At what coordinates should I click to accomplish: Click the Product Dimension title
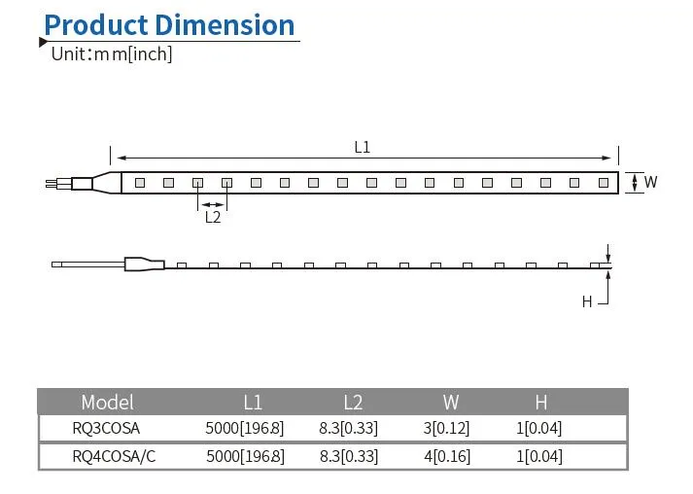pyautogui.click(x=169, y=24)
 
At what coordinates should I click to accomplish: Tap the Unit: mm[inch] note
pyautogui.click(x=111, y=54)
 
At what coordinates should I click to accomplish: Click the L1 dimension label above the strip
pyautogui.click(x=362, y=148)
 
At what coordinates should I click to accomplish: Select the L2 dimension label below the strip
pyautogui.click(x=213, y=217)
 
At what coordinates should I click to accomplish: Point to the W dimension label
pyautogui.click(x=650, y=182)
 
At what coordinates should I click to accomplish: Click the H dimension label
pyautogui.click(x=587, y=301)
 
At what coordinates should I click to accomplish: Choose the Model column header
pyautogui.click(x=107, y=402)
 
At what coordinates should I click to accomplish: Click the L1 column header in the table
pyautogui.click(x=253, y=402)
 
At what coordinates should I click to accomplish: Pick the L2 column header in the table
pyautogui.click(x=353, y=402)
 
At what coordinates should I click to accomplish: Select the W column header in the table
pyautogui.click(x=451, y=402)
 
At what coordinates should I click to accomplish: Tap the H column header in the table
pyautogui.click(x=540, y=402)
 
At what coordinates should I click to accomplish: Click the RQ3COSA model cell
pyautogui.click(x=106, y=428)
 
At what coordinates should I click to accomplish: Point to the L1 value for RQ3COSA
pyautogui.click(x=245, y=428)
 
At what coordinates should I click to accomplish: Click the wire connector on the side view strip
pyautogui.click(x=142, y=264)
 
